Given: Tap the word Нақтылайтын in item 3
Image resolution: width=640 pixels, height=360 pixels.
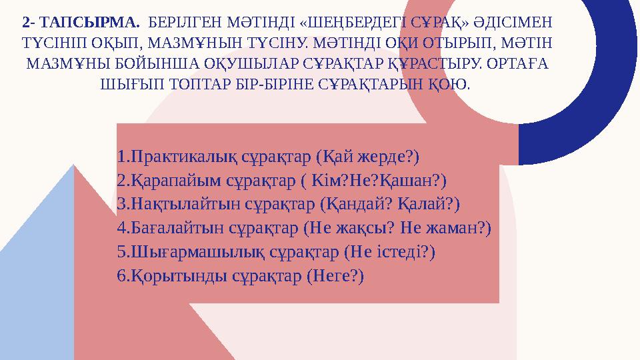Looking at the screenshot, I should [x=179, y=205].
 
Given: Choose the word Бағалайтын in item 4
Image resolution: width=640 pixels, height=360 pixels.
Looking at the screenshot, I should [x=173, y=229].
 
